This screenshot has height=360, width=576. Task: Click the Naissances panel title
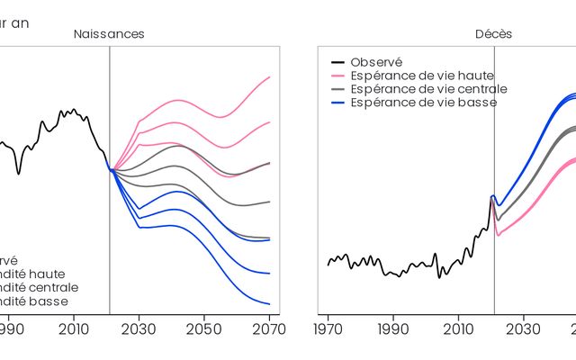109,34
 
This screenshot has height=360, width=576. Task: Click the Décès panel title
494,34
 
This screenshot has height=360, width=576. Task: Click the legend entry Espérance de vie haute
422,76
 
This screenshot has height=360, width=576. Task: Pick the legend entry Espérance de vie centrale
428,89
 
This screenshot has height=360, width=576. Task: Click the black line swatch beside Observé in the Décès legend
338,62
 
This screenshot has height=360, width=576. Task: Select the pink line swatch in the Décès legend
338,76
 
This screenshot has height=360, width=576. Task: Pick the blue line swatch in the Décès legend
338,103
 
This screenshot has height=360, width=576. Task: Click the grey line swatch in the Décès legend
338,89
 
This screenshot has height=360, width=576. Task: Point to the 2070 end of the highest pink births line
270,77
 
